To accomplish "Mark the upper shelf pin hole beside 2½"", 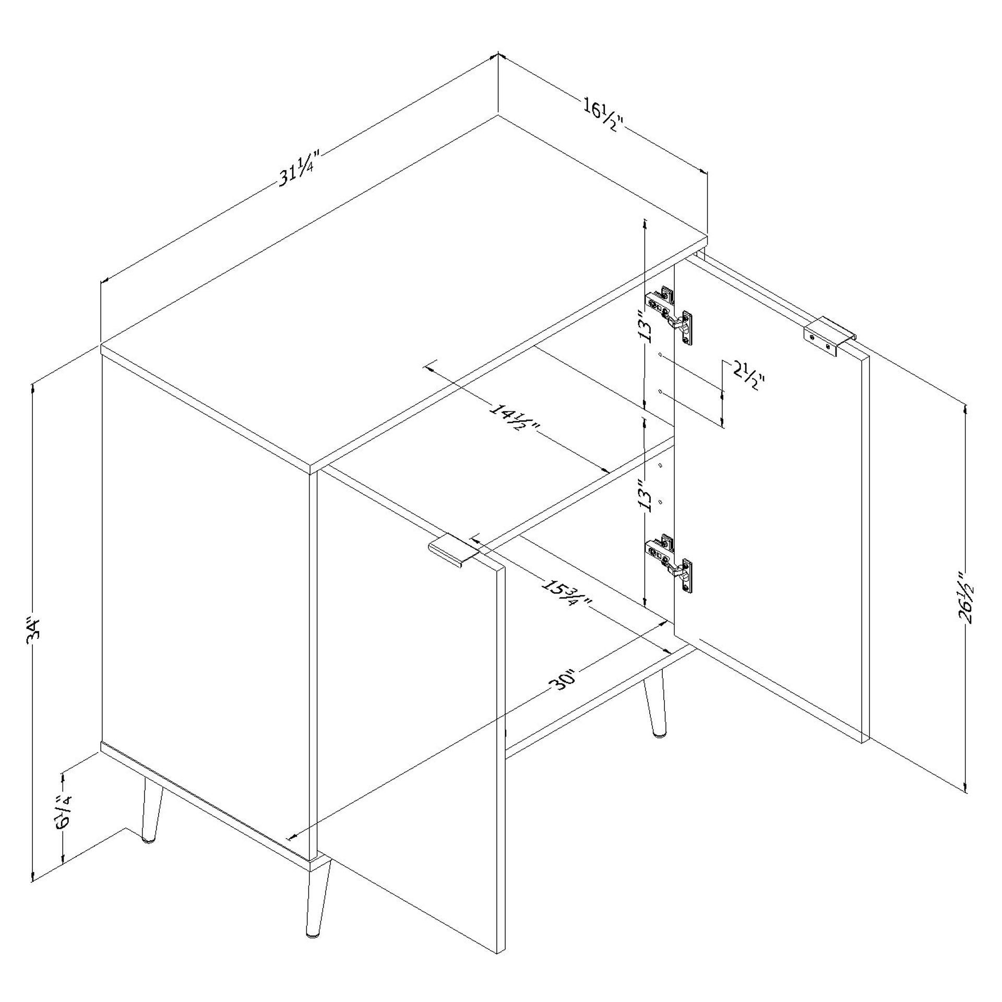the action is click(661, 356).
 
